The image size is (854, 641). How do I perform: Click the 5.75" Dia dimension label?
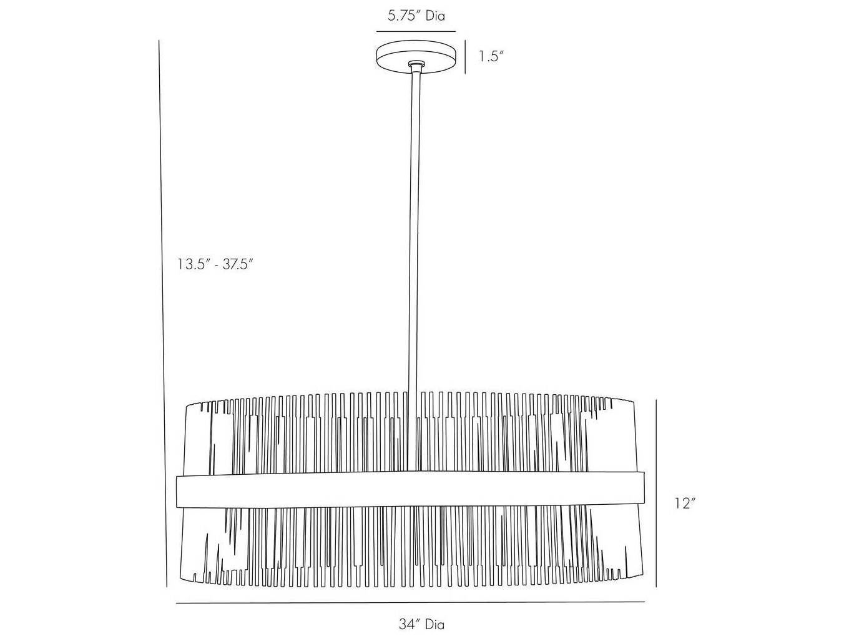tap(416, 16)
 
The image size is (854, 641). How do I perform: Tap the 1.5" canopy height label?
tap(491, 56)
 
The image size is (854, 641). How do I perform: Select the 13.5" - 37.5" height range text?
tap(214, 264)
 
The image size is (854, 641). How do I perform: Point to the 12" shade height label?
tap(685, 503)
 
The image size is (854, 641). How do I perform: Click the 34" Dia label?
tap(422, 624)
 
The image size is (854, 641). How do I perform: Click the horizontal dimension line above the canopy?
tap(416, 31)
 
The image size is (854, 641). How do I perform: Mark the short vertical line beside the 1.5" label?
tap(466, 57)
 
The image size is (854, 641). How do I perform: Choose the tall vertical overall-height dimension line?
tap(162, 312)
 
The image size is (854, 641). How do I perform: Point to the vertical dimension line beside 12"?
tap(656, 494)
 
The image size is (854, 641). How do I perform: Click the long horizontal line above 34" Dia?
tap(410, 603)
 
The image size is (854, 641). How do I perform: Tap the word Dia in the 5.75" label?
tap(435, 16)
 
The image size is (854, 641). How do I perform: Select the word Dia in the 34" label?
tap(435, 624)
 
